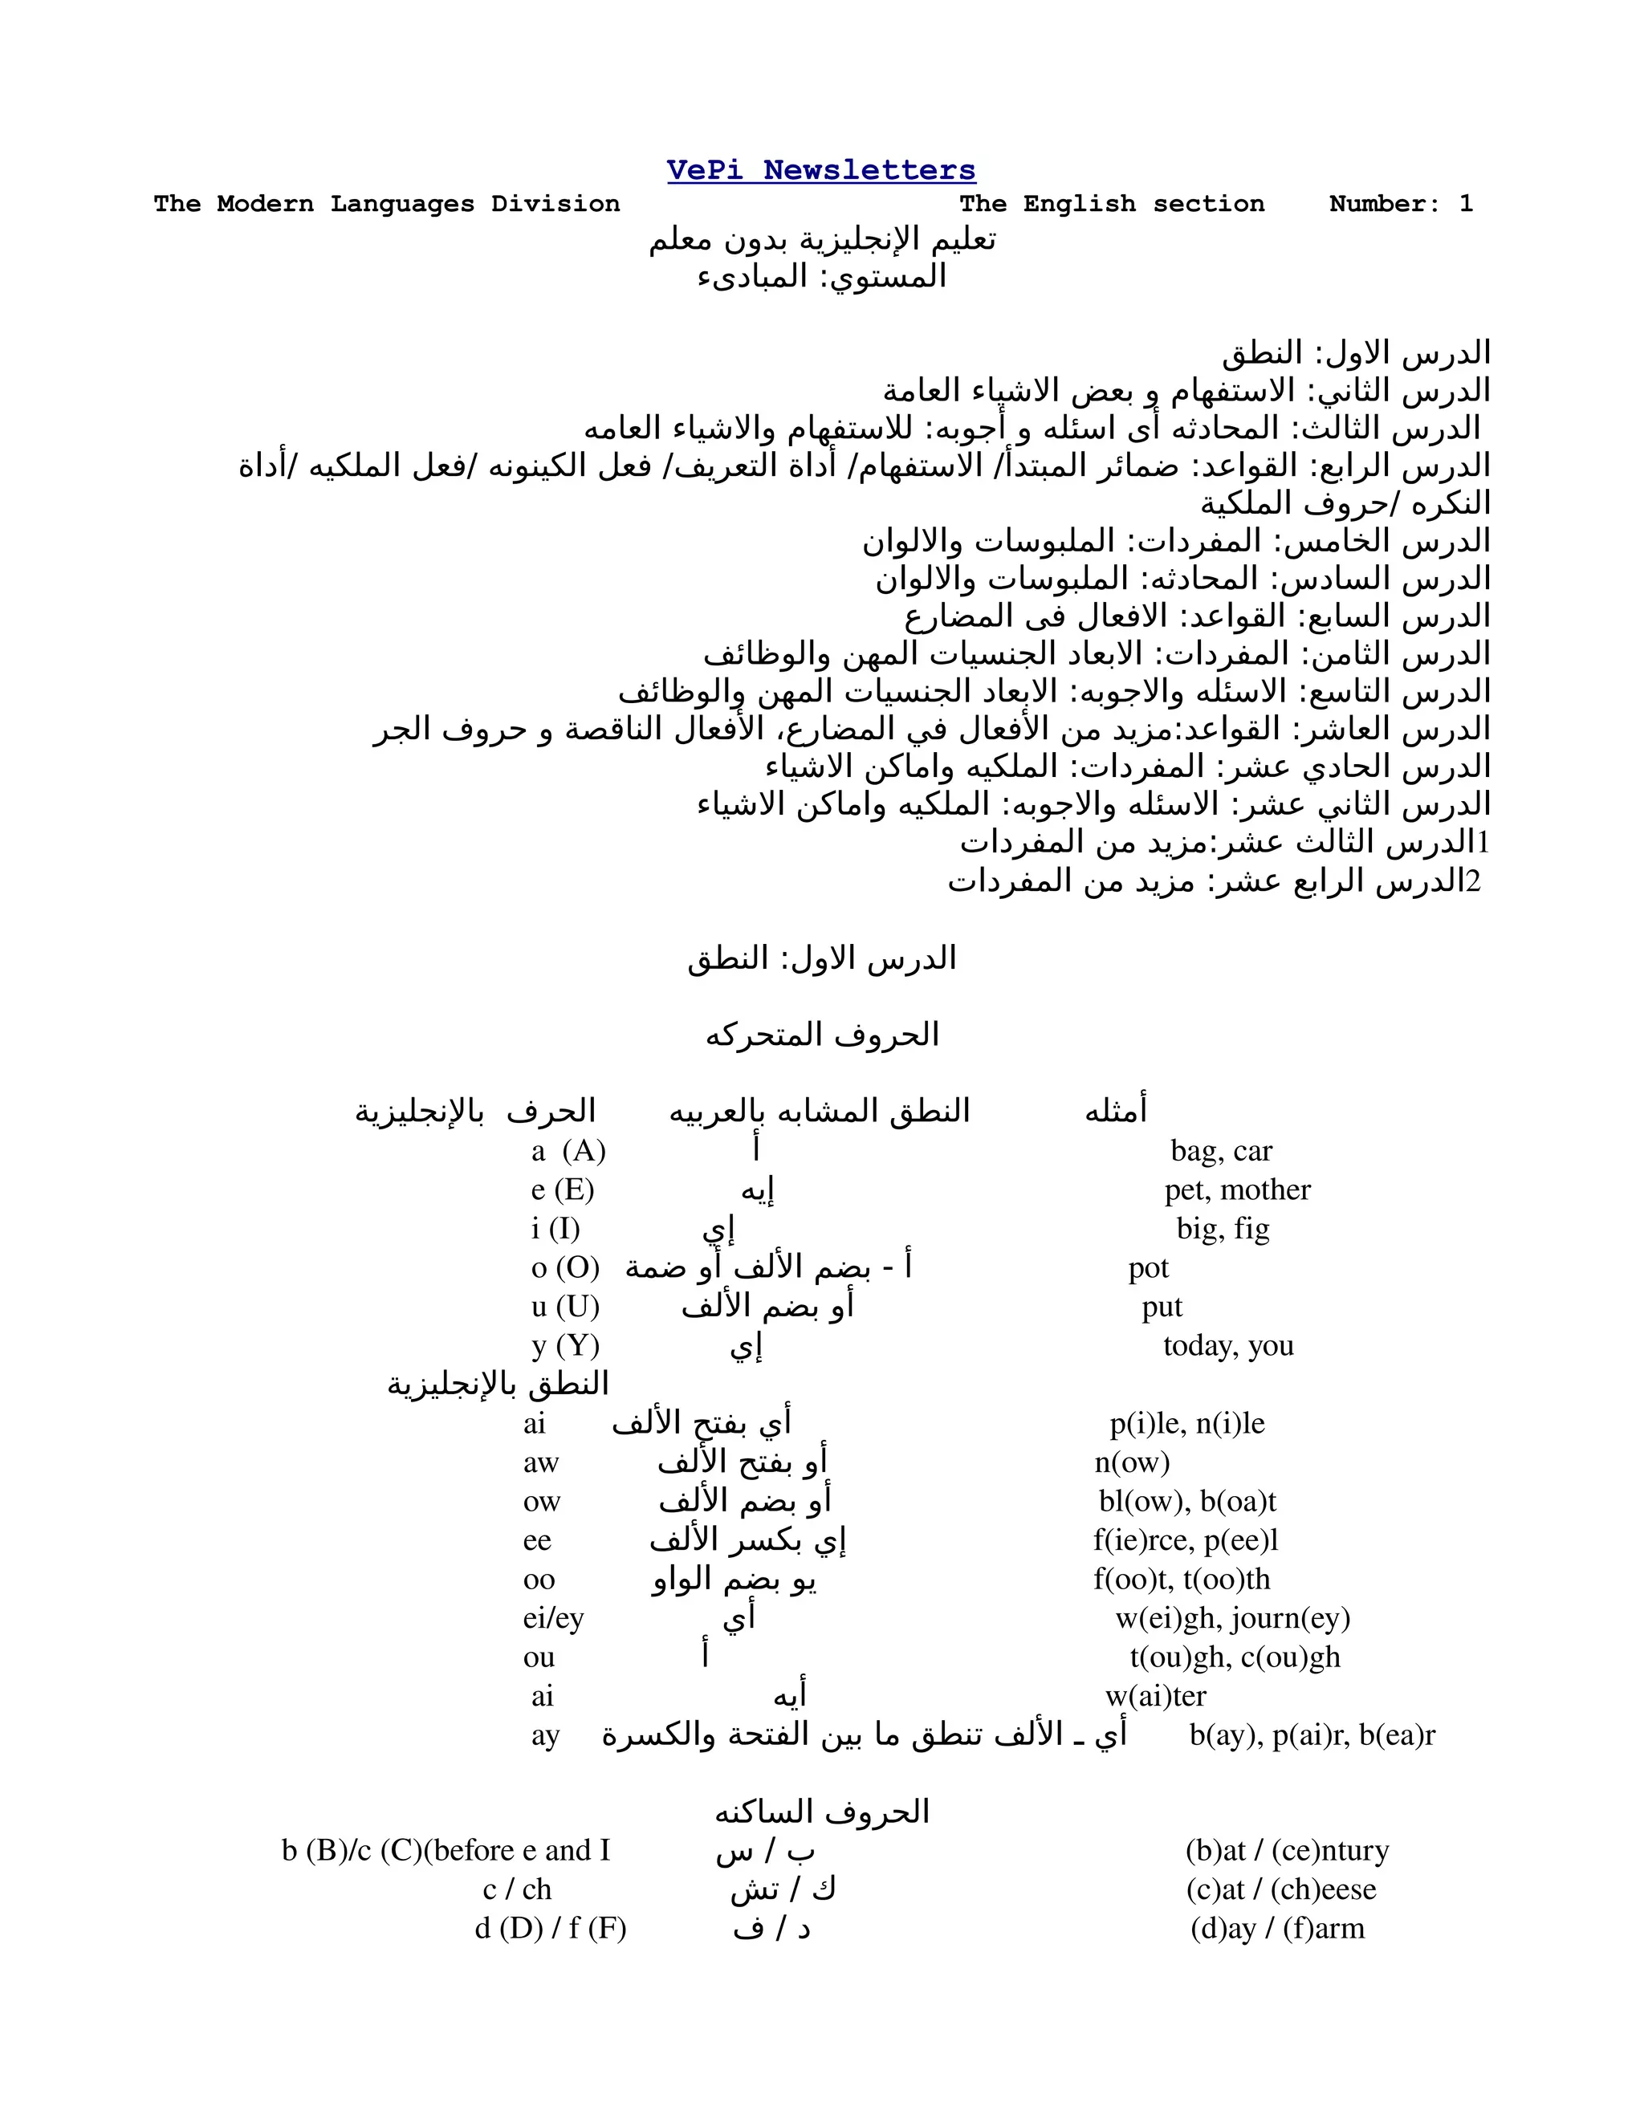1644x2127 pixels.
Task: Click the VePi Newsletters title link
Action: [x=821, y=170]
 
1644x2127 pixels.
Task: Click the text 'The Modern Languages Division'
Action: [x=387, y=205]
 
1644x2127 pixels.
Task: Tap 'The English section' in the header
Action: [x=1111, y=205]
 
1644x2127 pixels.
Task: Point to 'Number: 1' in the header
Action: [x=1401, y=205]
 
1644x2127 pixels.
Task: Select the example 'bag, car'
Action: [x=1221, y=1151]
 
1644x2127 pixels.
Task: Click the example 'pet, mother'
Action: [x=1237, y=1190]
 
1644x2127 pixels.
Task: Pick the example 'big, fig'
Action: [x=1223, y=1229]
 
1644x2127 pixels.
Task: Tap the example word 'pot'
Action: [x=1148, y=1268]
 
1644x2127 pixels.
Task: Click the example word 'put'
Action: [x=1162, y=1307]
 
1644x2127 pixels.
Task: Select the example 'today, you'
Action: [x=1228, y=1346]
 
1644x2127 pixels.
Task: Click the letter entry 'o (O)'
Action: [x=565, y=1268]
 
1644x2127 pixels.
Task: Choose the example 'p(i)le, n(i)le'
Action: [x=1187, y=1424]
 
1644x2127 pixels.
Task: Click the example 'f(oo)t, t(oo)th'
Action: [x=1182, y=1580]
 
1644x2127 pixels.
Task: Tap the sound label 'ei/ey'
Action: [x=553, y=1619]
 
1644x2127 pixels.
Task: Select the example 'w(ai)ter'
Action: [x=1155, y=1697]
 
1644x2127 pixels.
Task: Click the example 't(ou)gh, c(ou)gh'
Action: [x=1235, y=1657]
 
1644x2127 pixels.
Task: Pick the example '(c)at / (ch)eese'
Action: [x=1280, y=1889]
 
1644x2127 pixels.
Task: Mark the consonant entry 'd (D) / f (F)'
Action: [x=550, y=1928]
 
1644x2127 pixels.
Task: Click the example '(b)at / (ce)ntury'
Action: [x=1287, y=1850]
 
